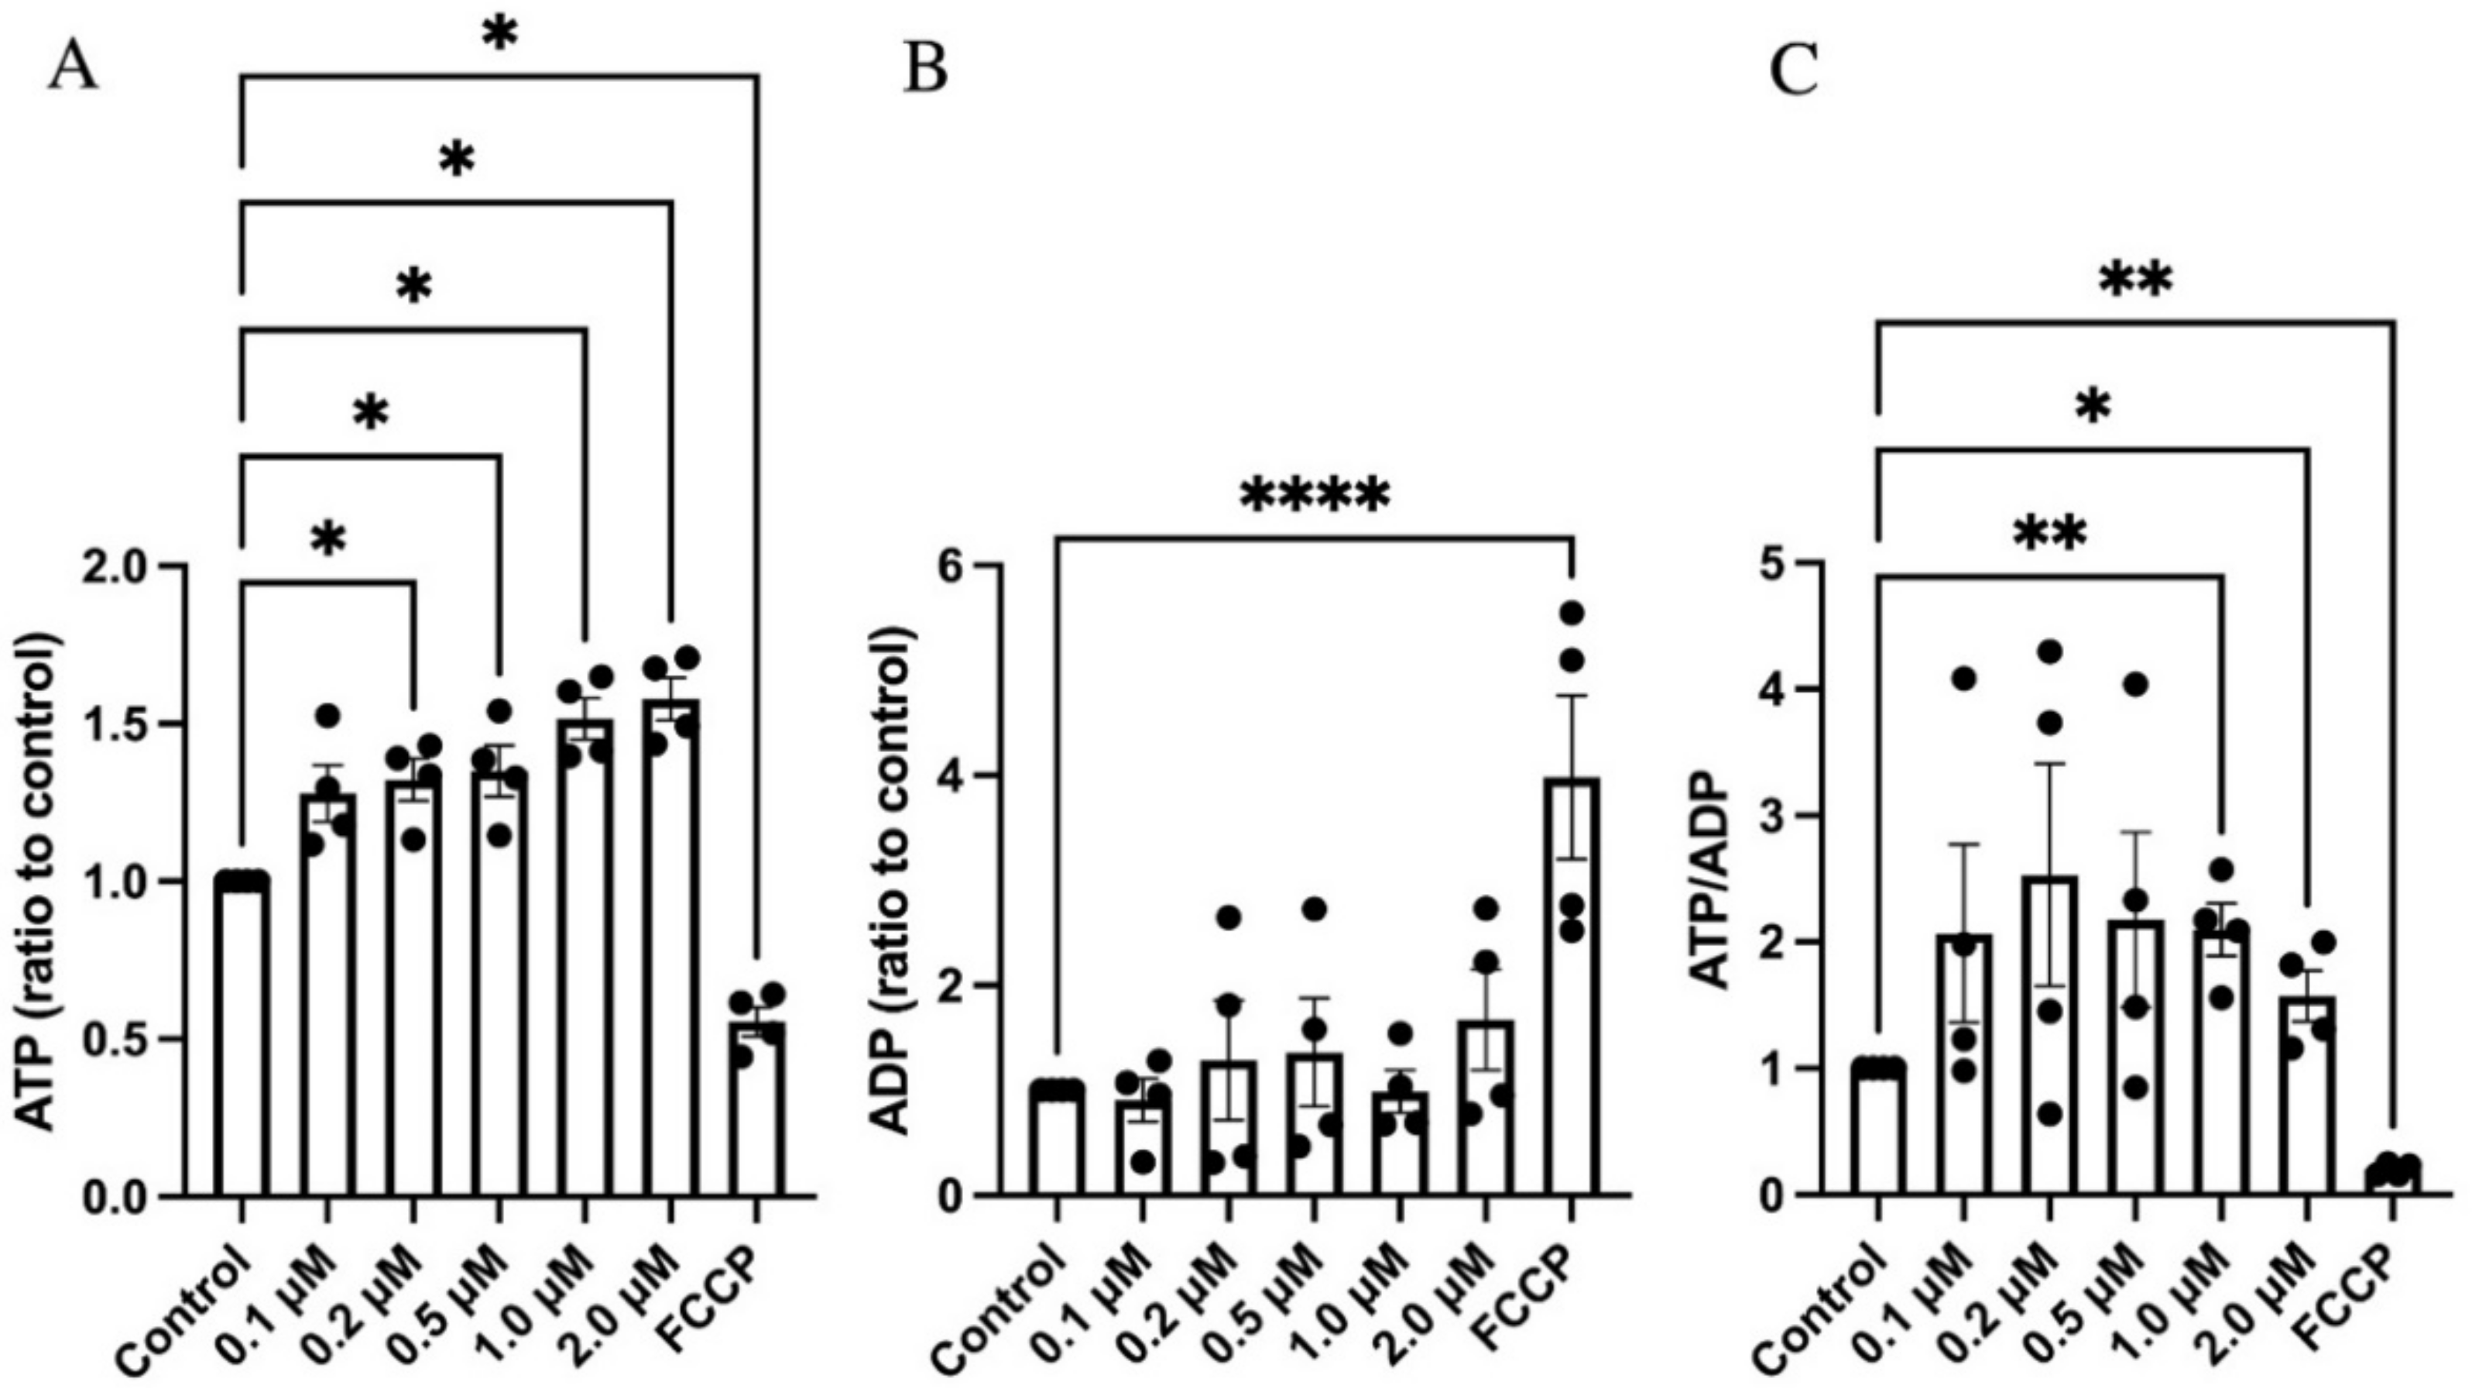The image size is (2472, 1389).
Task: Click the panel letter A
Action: tap(73, 70)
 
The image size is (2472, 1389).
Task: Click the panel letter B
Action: tap(925, 70)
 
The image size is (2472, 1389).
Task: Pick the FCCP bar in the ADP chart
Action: tap(1571, 988)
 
